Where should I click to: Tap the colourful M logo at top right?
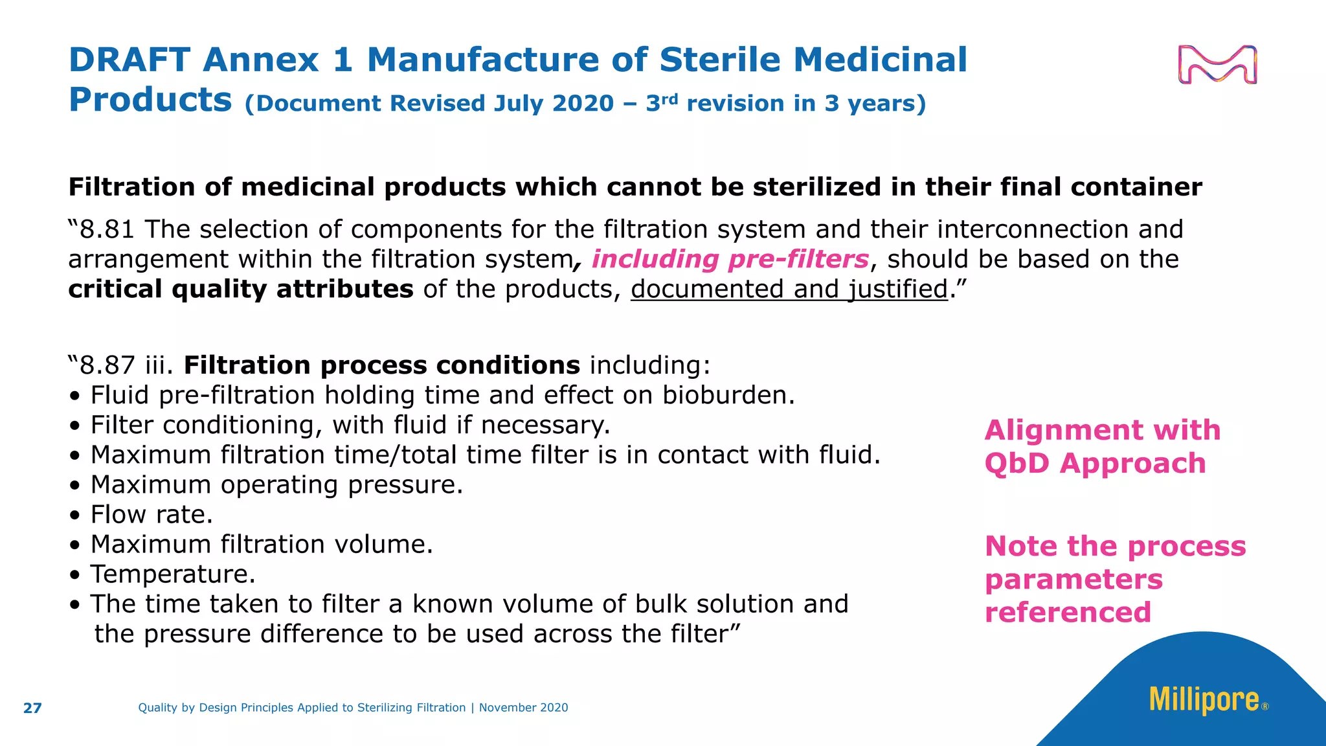click(x=1217, y=65)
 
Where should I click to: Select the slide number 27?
click(x=32, y=708)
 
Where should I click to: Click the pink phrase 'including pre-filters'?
click(x=730, y=260)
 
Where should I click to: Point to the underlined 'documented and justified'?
click(x=789, y=289)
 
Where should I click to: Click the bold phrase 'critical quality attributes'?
click(x=241, y=289)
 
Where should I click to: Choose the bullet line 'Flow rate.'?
click(x=152, y=515)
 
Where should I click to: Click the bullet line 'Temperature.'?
click(x=173, y=574)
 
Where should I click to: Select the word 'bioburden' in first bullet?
click(x=728, y=396)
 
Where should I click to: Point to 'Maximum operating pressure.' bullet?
click(x=276, y=485)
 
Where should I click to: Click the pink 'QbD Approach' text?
click(x=1095, y=464)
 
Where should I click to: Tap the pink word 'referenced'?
click(x=1068, y=613)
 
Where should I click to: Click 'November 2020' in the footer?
click(x=523, y=708)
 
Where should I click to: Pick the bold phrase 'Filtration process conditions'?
click(x=382, y=366)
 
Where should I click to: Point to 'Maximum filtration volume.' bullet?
click(x=262, y=545)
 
